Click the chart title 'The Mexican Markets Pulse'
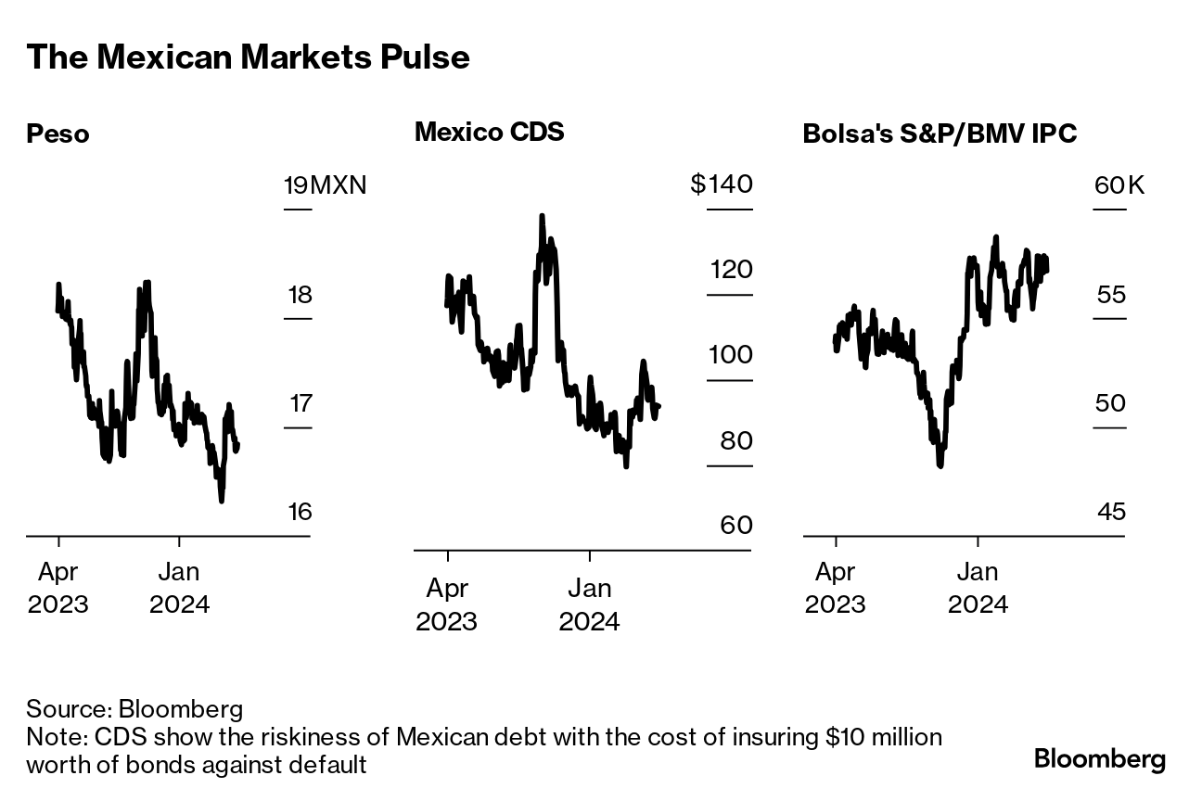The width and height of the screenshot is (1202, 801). click(x=248, y=57)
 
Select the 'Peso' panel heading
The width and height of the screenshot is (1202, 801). click(x=58, y=134)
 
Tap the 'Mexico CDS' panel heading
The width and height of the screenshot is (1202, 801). click(x=489, y=132)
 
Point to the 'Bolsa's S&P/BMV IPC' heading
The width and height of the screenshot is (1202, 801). click(x=940, y=134)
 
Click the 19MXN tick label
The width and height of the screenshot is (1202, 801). click(x=325, y=185)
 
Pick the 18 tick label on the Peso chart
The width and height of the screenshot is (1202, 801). click(x=300, y=296)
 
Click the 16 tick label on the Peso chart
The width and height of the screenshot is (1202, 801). click(x=300, y=512)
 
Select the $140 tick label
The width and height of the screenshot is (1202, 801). click(x=721, y=184)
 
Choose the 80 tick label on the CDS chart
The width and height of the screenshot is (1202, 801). click(x=735, y=440)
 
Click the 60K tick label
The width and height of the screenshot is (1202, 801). click(x=1119, y=185)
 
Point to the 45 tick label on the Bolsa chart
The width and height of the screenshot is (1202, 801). click(x=1110, y=512)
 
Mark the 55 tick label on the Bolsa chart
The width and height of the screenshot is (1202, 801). click(x=1110, y=296)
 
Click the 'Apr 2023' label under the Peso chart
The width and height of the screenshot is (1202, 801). click(x=58, y=588)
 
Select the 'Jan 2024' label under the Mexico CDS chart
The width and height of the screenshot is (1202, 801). click(x=589, y=604)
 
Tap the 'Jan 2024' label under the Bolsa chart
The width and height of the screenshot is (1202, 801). click(x=977, y=588)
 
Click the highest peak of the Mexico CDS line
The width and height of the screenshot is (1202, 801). click(x=541, y=217)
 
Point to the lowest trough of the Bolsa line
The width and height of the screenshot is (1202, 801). click(x=940, y=465)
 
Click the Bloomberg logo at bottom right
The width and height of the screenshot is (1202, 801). click(x=1100, y=758)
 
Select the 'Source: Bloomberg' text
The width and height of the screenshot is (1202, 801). click(x=134, y=710)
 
